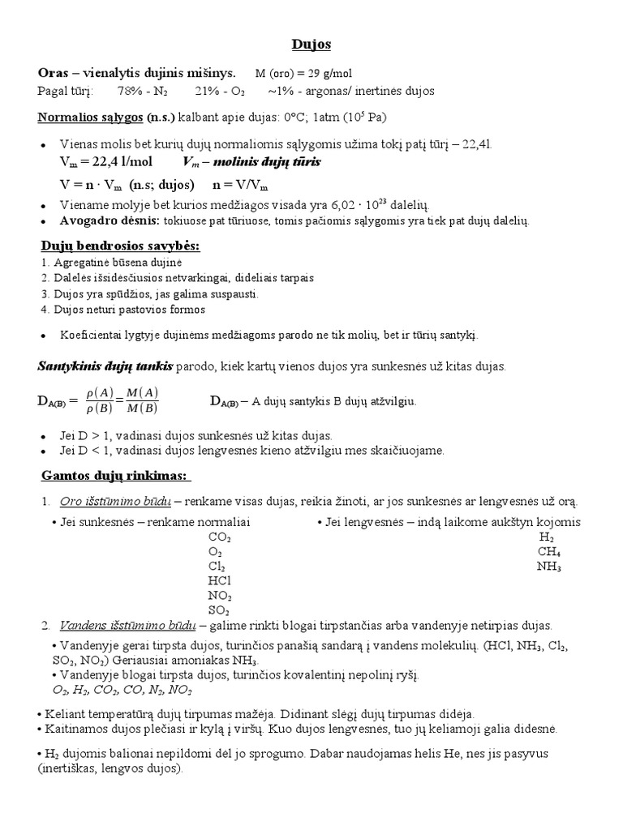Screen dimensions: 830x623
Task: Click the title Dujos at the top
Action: click(311, 43)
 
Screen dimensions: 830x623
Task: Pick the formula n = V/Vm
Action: click(241, 184)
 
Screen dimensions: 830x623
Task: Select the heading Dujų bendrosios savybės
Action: click(120, 246)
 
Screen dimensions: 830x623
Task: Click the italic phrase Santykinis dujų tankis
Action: click(105, 366)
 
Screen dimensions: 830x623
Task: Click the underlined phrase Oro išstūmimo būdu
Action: click(115, 501)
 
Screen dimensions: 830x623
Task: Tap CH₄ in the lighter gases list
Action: click(549, 551)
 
